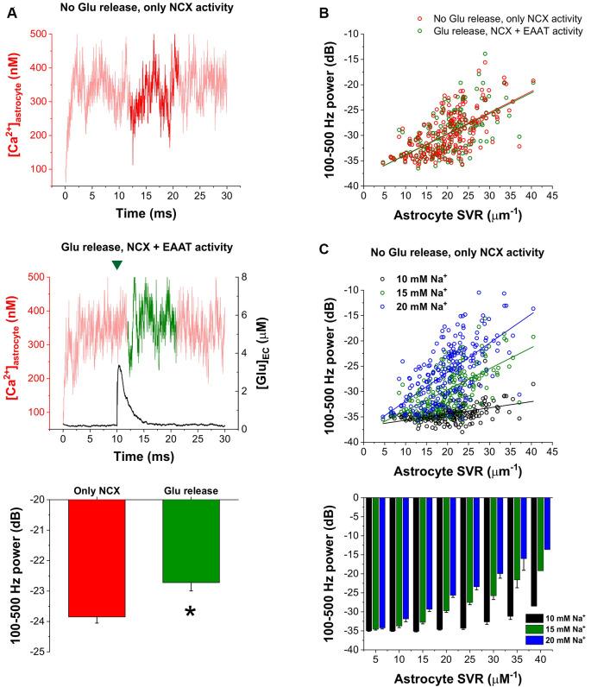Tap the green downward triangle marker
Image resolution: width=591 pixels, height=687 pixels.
click(116, 266)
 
